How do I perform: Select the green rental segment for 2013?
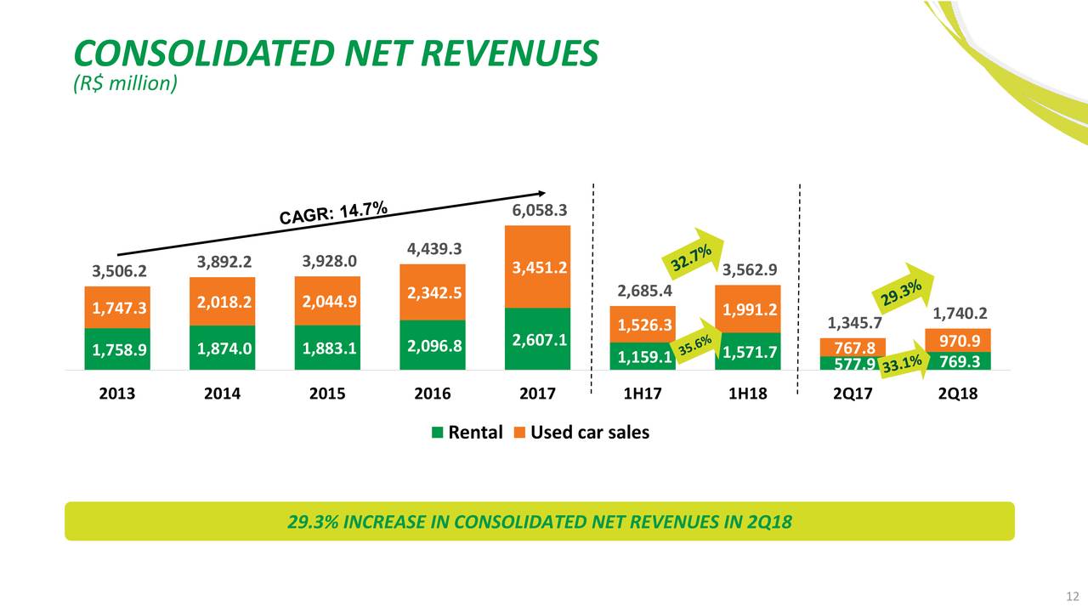pyautogui.click(x=117, y=349)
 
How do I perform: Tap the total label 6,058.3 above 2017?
pyautogui.click(x=536, y=210)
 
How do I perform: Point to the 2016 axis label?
pyautogui.click(x=432, y=394)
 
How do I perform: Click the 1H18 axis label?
pyautogui.click(x=746, y=394)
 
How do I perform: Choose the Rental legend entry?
pyautogui.click(x=467, y=433)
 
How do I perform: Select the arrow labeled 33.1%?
pyautogui.click(x=903, y=366)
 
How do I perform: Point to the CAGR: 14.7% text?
pyautogui.click(x=334, y=213)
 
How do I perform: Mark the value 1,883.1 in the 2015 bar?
pyautogui.click(x=326, y=348)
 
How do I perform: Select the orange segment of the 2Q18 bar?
pyautogui.click(x=958, y=340)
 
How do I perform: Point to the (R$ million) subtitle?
pyautogui.click(x=126, y=83)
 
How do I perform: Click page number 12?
pyautogui.click(x=1072, y=595)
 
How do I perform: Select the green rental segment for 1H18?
pyautogui.click(x=747, y=351)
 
